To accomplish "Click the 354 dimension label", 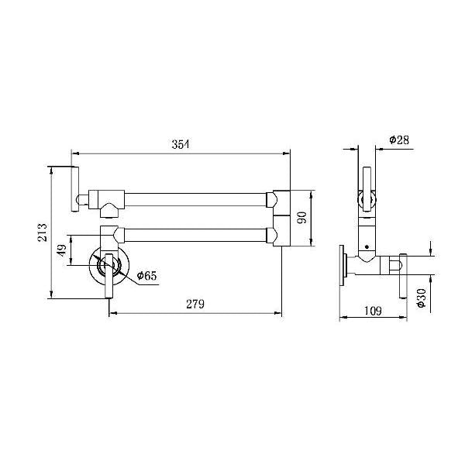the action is click(181, 144).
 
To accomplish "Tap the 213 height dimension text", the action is click(43, 232).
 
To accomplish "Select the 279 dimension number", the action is click(195, 305).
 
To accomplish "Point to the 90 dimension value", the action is click(302, 218).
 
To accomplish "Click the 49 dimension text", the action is click(62, 250).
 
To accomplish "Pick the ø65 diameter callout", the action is click(146, 276).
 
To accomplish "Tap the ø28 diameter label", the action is click(399, 139).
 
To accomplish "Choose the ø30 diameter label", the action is click(421, 298).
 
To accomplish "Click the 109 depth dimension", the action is click(373, 311).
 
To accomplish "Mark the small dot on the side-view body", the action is click(367, 246).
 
